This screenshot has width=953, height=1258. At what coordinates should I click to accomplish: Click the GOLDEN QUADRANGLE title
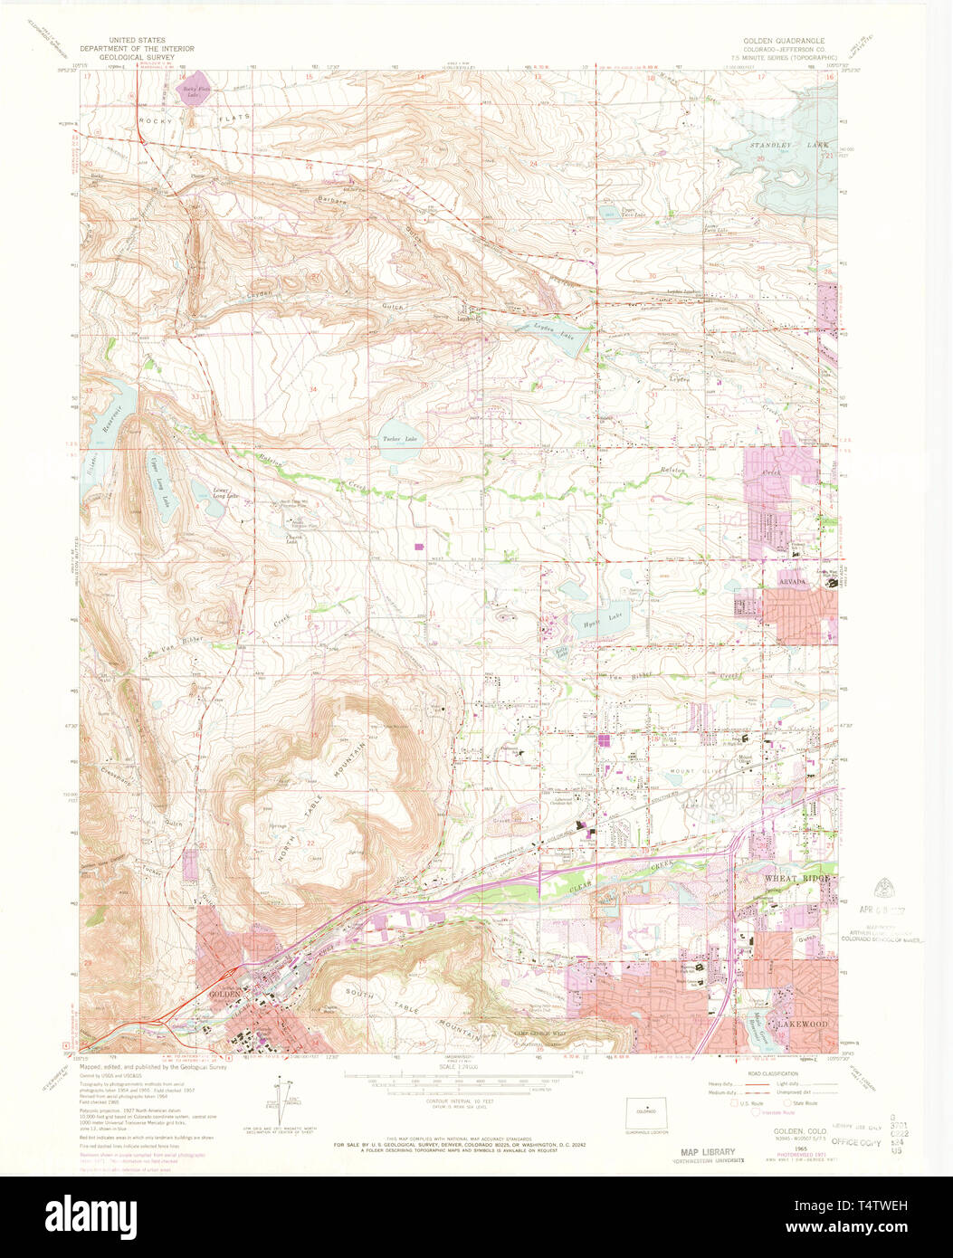[784, 42]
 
